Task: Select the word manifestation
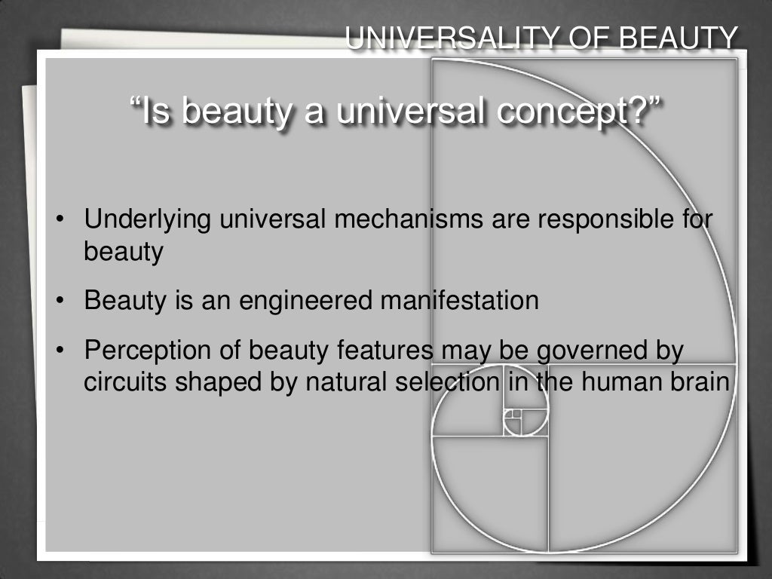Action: [x=459, y=301]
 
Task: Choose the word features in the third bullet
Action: [x=390, y=351]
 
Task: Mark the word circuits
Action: [x=126, y=382]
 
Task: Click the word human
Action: [x=630, y=382]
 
